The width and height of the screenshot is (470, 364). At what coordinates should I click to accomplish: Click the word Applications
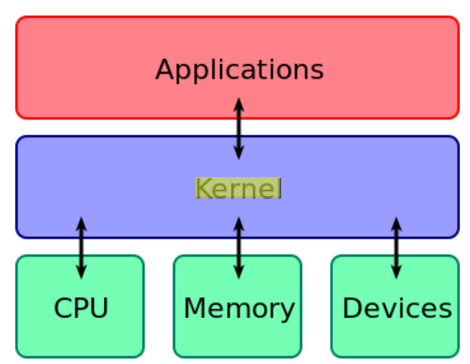point(239,70)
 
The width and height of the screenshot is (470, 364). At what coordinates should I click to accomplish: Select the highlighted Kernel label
point(239,188)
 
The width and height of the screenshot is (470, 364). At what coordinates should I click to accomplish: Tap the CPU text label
point(81,308)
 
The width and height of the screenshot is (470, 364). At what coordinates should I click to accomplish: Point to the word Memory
point(239,308)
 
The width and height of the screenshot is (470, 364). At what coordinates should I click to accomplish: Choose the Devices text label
point(397,308)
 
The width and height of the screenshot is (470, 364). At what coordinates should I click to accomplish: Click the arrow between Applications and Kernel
point(239,128)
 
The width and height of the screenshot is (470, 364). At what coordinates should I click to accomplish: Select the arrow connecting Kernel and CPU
point(81,248)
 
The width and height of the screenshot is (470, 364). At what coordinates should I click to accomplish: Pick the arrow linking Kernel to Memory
point(239,248)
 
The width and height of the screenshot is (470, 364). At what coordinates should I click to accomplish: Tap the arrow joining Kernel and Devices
point(396,248)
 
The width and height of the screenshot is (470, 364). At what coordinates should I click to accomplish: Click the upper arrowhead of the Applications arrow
point(239,103)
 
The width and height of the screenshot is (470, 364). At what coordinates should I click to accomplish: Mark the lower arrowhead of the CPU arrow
point(81,273)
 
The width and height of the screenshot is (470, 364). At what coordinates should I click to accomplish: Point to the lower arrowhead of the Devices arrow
point(396,273)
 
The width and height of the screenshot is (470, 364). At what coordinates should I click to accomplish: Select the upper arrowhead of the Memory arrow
point(239,222)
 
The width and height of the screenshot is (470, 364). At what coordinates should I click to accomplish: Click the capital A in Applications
point(164,70)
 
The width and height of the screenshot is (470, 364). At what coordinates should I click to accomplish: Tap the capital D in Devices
point(351,308)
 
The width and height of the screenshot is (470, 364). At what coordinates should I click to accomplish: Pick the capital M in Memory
point(194,308)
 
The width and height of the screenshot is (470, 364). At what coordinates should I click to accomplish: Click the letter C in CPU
point(62,308)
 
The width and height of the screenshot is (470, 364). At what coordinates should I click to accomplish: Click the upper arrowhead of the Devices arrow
point(396,222)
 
